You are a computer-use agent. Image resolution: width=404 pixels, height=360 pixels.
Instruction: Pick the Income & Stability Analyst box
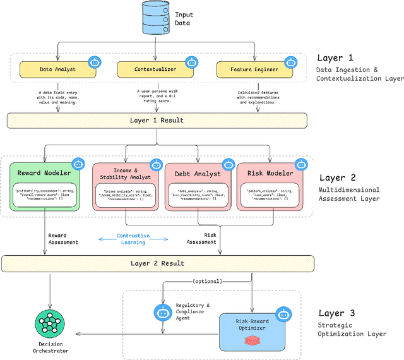pyautogui.click(x=127, y=186)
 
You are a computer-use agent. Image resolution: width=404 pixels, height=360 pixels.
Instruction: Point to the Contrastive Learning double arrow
pyautogui.click(x=133, y=239)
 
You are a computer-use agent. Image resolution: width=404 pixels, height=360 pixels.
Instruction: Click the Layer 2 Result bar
pyautogui.click(x=157, y=263)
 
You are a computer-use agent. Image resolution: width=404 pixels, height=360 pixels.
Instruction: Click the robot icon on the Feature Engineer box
pyautogui.click(x=290, y=62)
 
